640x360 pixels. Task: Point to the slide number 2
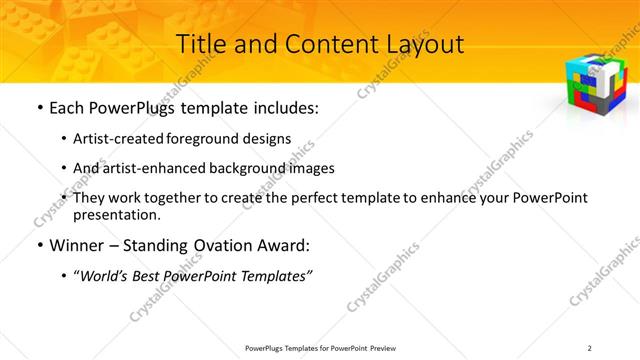[590, 347]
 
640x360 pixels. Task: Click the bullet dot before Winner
[37, 244]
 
